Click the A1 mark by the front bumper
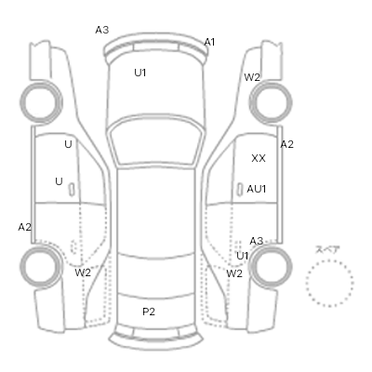tap(209, 42)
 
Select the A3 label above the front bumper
tap(102, 30)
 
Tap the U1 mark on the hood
tap(140, 73)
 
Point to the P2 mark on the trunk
tap(149, 312)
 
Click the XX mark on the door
tap(259, 158)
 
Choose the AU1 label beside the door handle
tap(257, 189)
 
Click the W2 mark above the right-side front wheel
tap(252, 77)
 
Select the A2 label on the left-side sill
tap(25, 227)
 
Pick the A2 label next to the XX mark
tap(286, 144)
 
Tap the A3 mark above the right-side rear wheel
tap(257, 241)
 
